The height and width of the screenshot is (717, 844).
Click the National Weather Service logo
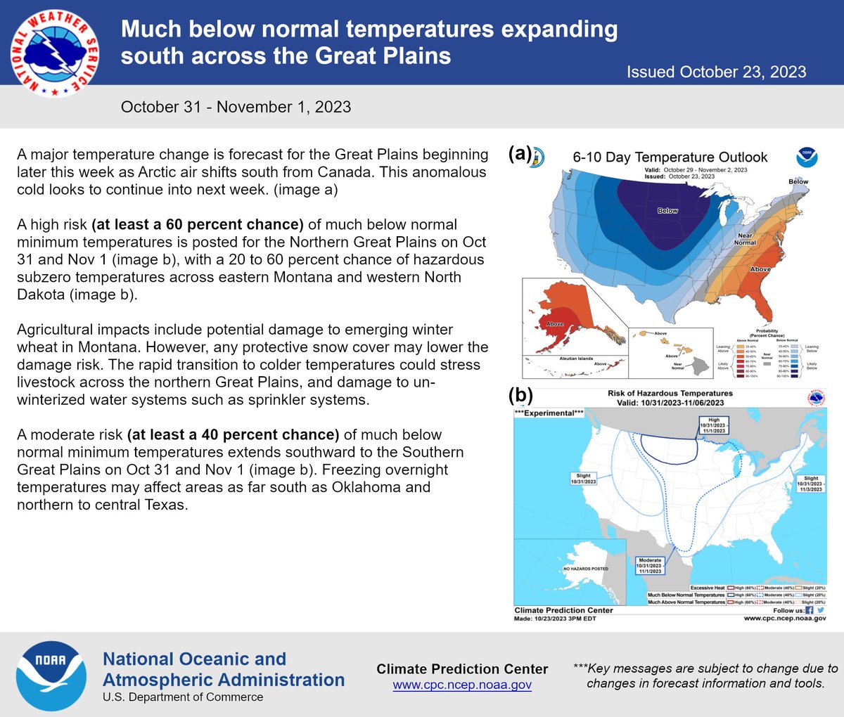tap(55, 53)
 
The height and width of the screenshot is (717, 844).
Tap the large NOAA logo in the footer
tap(51, 676)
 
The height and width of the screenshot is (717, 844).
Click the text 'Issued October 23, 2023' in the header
tap(716, 72)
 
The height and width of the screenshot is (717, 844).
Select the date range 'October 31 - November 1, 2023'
tap(236, 107)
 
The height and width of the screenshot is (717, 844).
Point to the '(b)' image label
tap(520, 394)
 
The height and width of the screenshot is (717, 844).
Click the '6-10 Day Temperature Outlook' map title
tap(670, 157)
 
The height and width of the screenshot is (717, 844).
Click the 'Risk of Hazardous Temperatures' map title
tap(670, 394)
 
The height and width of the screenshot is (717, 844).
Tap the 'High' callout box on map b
tap(714, 425)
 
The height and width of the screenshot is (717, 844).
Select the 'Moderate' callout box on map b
tap(649, 566)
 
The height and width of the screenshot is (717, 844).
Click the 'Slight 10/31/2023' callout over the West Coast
tap(584, 479)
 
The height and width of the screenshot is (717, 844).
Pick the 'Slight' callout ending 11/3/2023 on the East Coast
tap(810, 484)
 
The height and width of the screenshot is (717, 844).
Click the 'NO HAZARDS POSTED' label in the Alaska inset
tap(585, 569)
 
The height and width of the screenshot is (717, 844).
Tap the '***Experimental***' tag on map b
tap(549, 413)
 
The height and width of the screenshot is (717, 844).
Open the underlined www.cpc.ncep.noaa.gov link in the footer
tap(461, 685)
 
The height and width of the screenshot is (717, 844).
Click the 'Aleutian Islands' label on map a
tap(576, 358)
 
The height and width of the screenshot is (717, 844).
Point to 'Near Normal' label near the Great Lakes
tap(745, 239)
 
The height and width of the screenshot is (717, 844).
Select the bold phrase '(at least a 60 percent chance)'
tap(198, 225)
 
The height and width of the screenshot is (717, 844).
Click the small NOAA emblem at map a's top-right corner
tap(807, 157)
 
